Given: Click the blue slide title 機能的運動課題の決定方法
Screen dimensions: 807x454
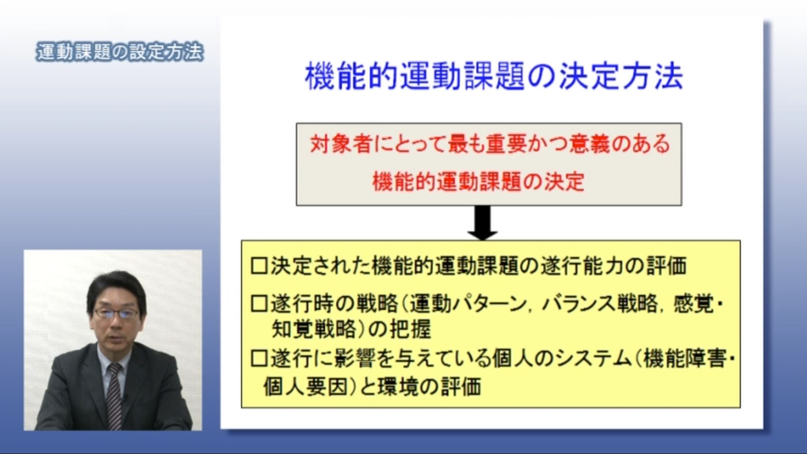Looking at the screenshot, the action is coord(494,77).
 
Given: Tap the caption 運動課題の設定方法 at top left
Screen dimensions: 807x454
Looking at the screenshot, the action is coord(120,52).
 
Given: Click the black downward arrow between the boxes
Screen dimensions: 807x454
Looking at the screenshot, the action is coord(483,223).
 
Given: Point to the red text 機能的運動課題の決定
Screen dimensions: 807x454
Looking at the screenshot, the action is coord(478,182).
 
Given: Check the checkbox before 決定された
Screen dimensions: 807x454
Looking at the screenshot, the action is coord(259,266).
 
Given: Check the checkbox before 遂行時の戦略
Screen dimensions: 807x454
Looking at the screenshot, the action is coord(259,304).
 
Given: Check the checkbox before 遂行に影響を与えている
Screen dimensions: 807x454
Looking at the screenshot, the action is coord(259,359).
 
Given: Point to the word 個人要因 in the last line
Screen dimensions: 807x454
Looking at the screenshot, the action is coord(306,386).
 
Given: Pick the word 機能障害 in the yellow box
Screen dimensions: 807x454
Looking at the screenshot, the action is coord(684,359).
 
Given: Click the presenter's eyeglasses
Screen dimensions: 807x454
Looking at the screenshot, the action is coord(116,313).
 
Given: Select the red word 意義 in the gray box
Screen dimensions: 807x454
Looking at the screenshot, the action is coord(589,144).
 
